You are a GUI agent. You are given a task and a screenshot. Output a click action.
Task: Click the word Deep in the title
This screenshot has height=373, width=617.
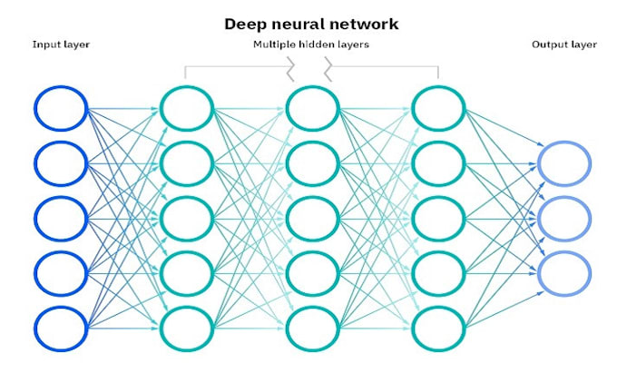(x=244, y=24)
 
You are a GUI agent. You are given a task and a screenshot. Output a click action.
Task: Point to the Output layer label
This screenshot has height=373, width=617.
(x=563, y=44)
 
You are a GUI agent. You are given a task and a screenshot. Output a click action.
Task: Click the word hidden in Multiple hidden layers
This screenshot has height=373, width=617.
(x=312, y=44)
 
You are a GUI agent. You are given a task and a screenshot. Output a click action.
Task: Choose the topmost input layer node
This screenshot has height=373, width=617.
(x=62, y=109)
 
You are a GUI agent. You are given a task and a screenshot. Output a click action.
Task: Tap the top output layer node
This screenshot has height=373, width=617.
(x=563, y=162)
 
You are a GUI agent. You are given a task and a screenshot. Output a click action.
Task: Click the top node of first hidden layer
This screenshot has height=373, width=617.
(x=187, y=109)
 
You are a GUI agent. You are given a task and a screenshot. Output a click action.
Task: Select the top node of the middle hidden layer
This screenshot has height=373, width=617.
(x=312, y=109)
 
